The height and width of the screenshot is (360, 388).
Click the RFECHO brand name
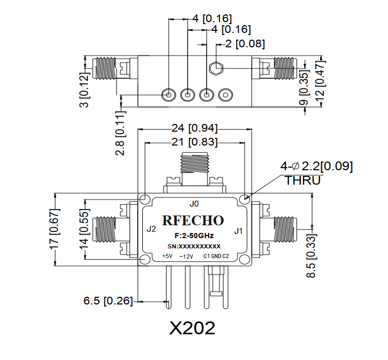(x=193, y=221)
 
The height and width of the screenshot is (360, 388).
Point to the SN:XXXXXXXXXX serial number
(x=195, y=246)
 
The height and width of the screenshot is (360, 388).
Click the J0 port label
(x=194, y=202)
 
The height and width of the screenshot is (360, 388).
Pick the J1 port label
(x=238, y=230)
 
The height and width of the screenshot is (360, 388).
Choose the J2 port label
(x=151, y=229)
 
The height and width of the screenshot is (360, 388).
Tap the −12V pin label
(x=186, y=256)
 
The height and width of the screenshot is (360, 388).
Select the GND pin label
(x=215, y=256)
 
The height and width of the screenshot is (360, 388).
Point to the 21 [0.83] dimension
(x=194, y=141)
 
